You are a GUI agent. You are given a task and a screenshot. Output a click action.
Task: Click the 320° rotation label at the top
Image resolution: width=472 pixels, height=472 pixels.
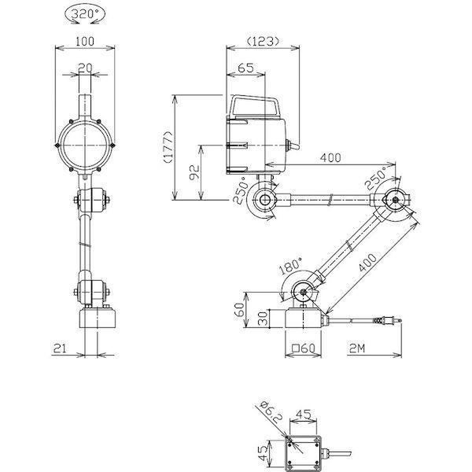click(85, 13)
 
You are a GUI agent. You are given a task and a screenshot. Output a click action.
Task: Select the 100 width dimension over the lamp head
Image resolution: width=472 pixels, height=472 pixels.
click(85, 41)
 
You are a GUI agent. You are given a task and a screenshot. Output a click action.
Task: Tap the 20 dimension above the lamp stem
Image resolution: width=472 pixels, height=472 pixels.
click(85, 68)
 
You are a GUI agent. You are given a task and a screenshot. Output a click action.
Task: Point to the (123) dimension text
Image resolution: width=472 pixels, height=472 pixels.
click(263, 41)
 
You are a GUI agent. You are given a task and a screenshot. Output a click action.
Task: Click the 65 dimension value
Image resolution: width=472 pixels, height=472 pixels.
click(245, 68)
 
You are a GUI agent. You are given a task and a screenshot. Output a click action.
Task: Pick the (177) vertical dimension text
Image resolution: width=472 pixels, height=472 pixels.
click(168, 147)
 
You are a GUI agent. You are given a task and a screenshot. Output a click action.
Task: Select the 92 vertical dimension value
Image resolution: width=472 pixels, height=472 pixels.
click(194, 172)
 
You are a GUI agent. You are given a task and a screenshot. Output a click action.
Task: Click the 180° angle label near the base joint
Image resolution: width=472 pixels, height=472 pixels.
click(289, 266)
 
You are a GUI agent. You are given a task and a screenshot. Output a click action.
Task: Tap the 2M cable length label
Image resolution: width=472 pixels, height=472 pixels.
click(357, 348)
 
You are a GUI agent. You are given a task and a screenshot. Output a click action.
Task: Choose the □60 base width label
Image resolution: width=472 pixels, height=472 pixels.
click(304, 348)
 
